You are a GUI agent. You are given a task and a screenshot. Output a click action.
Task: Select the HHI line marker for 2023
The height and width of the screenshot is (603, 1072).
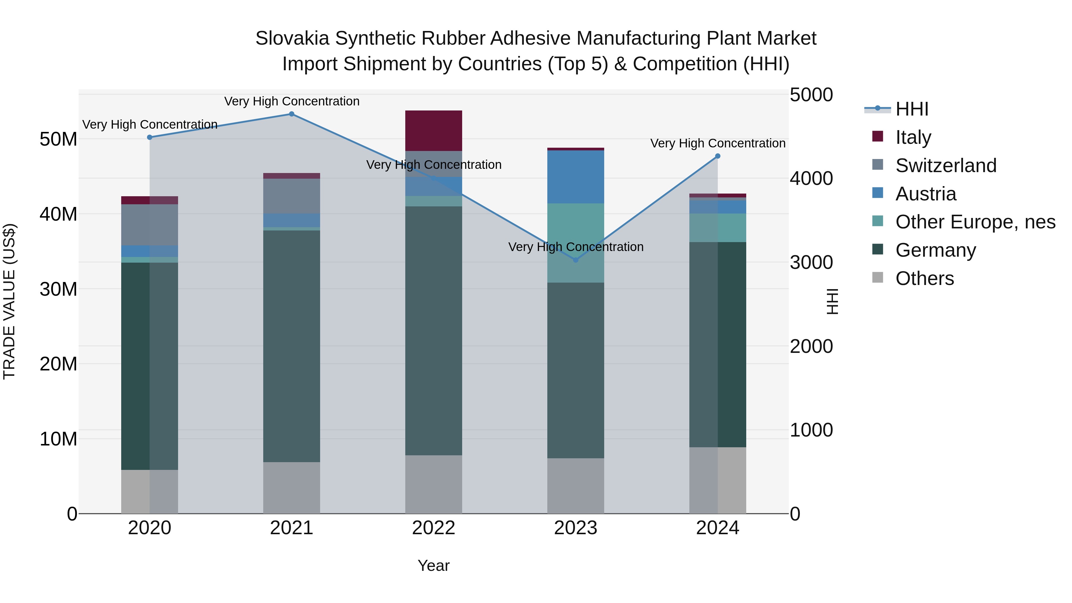click(x=576, y=260)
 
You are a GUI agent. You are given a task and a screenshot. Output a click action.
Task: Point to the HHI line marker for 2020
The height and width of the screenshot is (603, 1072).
click(x=149, y=137)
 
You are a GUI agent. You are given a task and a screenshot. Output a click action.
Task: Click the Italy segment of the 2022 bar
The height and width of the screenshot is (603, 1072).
click(x=433, y=131)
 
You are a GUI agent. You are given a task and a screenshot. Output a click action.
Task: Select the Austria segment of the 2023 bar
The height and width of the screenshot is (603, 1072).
click(x=576, y=177)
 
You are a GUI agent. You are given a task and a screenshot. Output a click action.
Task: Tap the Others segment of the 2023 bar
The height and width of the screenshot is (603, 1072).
click(x=576, y=486)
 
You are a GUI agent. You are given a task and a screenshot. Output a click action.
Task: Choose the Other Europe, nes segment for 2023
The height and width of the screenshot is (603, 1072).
click(x=576, y=243)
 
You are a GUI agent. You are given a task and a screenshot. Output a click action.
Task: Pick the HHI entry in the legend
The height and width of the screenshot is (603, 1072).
click(x=911, y=109)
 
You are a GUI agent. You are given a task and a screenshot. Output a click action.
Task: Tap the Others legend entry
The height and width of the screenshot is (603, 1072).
click(x=924, y=278)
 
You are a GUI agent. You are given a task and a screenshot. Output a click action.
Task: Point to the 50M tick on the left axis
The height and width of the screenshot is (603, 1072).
click(x=58, y=139)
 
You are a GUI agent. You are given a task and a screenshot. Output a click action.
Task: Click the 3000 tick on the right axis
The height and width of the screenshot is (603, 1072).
click(x=811, y=263)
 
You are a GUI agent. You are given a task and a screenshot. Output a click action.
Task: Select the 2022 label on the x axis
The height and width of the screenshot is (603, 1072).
click(x=433, y=528)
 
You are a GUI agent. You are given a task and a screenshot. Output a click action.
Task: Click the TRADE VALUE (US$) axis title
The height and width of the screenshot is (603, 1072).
click(x=9, y=301)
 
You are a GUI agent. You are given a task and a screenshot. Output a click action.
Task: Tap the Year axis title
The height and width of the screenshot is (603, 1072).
click(x=433, y=565)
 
